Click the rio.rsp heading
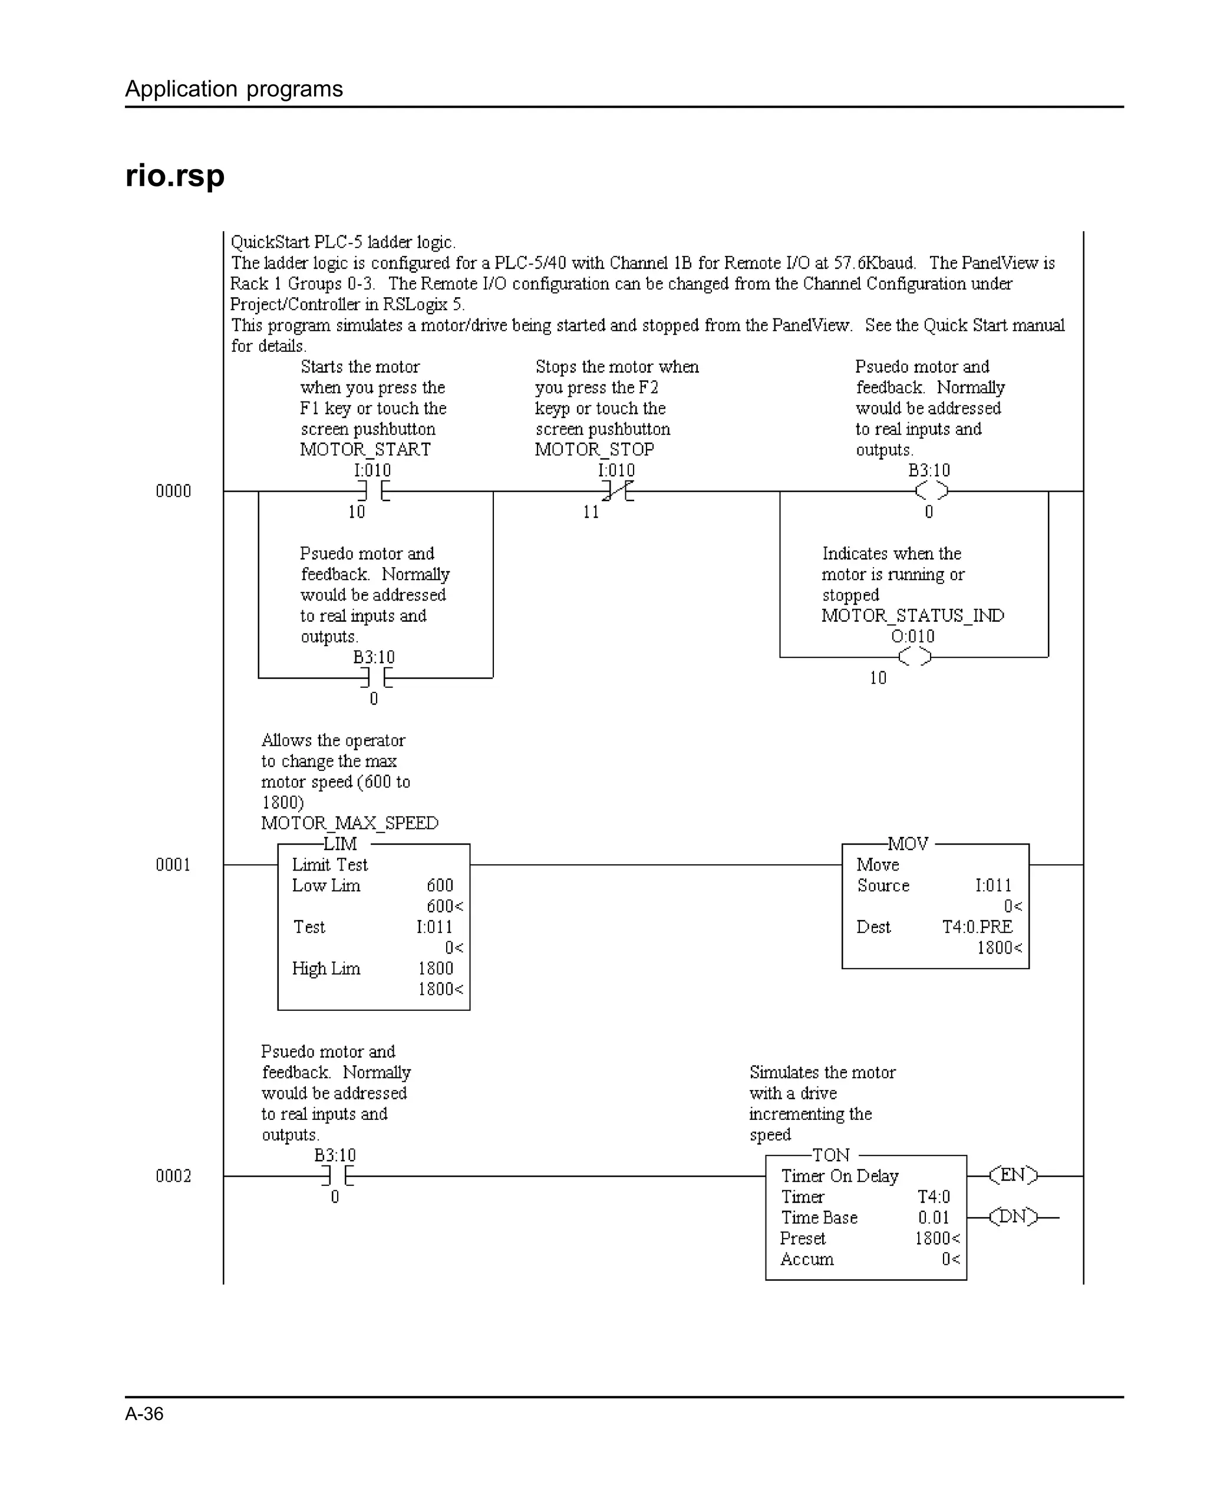(174, 176)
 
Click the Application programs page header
(233, 89)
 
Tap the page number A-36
(144, 1414)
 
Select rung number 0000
(173, 492)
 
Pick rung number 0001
(173, 865)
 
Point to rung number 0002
(173, 1177)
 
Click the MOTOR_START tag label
(365, 450)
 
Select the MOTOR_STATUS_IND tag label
(912, 616)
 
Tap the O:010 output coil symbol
(914, 656)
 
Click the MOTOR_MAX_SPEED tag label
(349, 823)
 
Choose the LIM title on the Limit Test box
(340, 844)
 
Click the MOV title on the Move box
(908, 844)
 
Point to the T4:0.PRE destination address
(977, 927)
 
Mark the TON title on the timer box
(831, 1155)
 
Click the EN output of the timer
(1013, 1176)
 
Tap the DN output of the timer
(1013, 1217)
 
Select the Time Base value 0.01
(933, 1218)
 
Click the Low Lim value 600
(440, 886)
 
